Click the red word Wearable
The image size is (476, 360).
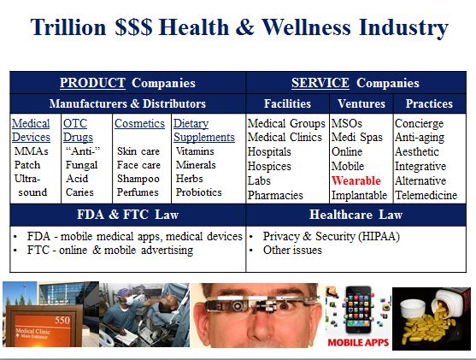356,180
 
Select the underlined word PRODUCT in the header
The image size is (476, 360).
92,83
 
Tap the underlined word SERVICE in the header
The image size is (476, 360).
320,83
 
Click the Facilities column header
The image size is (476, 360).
287,104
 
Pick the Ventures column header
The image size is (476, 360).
361,104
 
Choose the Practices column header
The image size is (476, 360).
429,104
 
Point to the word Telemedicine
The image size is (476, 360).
426,195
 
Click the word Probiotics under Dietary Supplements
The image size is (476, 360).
199,192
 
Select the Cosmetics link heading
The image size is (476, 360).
139,124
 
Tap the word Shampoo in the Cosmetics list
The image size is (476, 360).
138,179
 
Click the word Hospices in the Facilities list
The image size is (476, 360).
269,166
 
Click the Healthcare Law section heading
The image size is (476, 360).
356,215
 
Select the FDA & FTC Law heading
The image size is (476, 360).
127,215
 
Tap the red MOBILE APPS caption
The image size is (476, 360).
358,343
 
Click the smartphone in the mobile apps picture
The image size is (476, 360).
358,310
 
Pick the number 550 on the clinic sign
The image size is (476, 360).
62,320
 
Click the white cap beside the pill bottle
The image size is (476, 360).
413,310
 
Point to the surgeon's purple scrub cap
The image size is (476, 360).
124,292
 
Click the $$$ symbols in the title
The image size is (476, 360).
133,27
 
